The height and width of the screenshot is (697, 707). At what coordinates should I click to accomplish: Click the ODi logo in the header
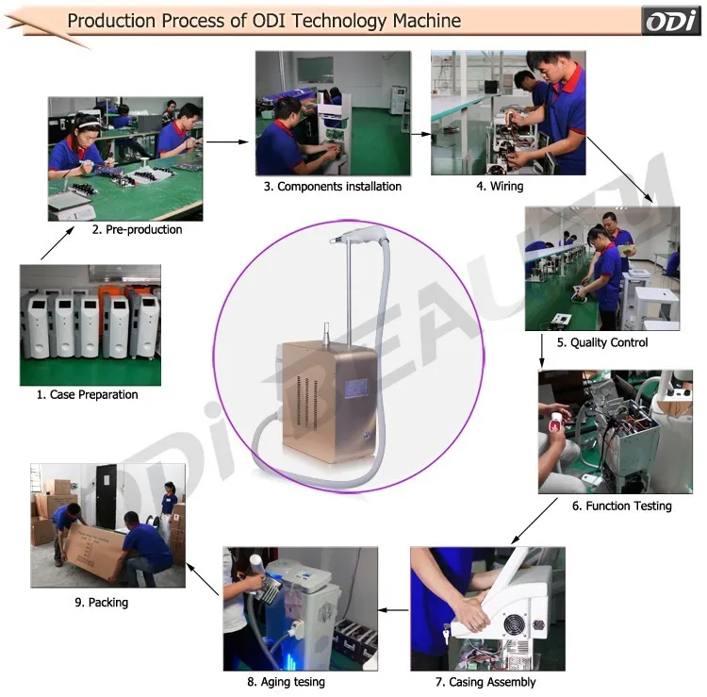tap(671, 21)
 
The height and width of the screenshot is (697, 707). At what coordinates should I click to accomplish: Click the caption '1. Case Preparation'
tap(88, 395)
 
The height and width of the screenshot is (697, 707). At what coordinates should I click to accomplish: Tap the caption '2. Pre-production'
tap(137, 229)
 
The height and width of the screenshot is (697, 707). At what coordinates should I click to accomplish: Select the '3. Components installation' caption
tap(333, 187)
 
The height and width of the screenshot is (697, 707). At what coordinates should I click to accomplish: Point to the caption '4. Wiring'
tap(500, 187)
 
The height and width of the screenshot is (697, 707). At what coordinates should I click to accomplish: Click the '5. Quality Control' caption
tap(602, 342)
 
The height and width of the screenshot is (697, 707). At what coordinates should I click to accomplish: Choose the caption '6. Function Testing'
tap(622, 506)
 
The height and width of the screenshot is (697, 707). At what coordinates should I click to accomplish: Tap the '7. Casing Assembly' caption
tap(485, 682)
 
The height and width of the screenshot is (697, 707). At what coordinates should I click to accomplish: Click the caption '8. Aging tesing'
tap(286, 682)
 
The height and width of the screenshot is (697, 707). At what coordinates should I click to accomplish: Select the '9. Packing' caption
tap(102, 603)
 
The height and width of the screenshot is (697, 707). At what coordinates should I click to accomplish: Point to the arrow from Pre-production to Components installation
tap(228, 141)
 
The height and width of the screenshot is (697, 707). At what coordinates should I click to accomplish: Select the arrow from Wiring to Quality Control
tap(620, 170)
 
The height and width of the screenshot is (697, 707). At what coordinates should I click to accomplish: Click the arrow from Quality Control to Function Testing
tap(542, 351)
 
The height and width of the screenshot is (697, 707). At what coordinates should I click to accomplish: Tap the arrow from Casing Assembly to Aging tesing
tap(393, 610)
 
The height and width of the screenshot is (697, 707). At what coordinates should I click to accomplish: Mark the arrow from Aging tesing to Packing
tap(203, 579)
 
